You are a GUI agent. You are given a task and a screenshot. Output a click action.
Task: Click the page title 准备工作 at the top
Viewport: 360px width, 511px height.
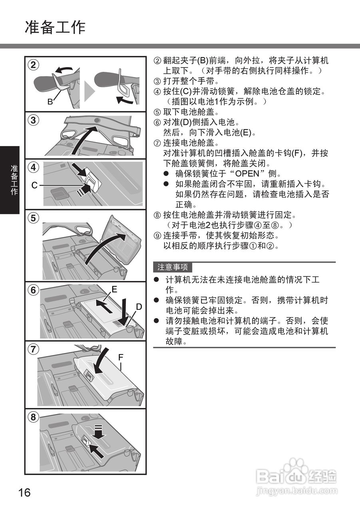(x=55, y=27)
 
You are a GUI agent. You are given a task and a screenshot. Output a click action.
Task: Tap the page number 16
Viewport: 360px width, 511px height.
(x=24, y=492)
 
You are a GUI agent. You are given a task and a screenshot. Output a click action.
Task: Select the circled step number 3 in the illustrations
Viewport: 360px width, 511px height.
(x=34, y=119)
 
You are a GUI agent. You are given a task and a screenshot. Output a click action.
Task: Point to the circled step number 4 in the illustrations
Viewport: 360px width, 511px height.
(x=34, y=168)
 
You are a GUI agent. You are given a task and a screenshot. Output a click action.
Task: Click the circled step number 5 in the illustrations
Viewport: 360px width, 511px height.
(x=34, y=218)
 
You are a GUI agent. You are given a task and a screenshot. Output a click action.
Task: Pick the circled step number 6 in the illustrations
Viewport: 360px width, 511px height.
(x=34, y=290)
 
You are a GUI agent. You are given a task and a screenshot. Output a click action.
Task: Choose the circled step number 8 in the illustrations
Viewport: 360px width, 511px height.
(x=34, y=417)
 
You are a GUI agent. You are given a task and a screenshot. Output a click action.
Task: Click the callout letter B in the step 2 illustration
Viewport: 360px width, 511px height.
(x=50, y=102)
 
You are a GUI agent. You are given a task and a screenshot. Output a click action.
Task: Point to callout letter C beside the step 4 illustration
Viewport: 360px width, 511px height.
(x=34, y=185)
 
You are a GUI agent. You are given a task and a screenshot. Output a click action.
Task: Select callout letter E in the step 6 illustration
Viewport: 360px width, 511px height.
(x=114, y=290)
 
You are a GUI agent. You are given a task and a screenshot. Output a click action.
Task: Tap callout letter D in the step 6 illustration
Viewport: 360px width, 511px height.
(x=139, y=307)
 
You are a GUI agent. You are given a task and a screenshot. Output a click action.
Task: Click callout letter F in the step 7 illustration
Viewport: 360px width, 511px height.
(x=121, y=357)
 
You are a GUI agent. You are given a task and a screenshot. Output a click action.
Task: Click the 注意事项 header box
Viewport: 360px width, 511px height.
(x=173, y=267)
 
